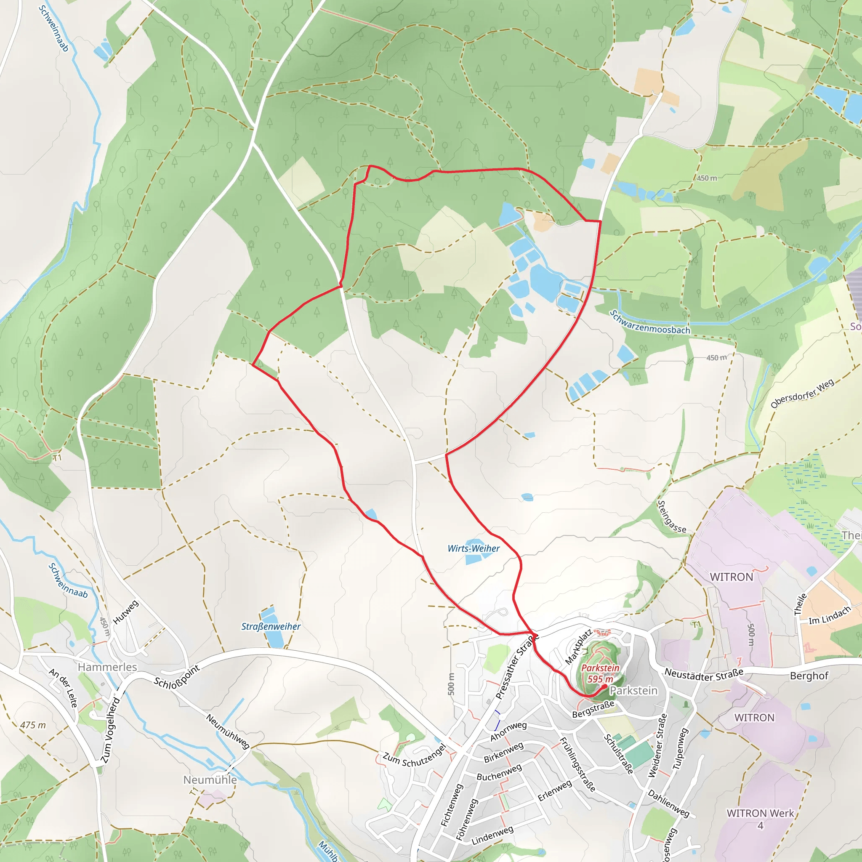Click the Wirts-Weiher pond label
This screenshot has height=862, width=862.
[474, 548]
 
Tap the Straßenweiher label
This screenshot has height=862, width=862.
[271, 626]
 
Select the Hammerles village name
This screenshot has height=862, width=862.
[107, 667]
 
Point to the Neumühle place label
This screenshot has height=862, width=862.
[210, 780]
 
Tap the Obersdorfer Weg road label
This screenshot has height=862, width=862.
[802, 394]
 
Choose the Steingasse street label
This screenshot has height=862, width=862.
[671, 517]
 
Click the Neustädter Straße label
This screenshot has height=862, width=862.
[704, 674]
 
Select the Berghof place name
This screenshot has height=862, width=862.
[809, 676]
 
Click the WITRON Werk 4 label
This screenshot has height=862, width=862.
[760, 819]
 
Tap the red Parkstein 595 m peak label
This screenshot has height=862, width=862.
[600, 673]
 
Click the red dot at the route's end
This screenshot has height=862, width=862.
[604, 687]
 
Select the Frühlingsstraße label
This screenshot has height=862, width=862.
[577, 765]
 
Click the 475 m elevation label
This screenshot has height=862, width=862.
[32, 725]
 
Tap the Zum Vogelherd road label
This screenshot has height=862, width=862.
[110, 730]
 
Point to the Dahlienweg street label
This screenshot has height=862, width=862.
[668, 803]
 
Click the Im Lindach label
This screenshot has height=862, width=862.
[830, 615]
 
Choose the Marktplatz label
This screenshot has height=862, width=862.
[578, 646]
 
